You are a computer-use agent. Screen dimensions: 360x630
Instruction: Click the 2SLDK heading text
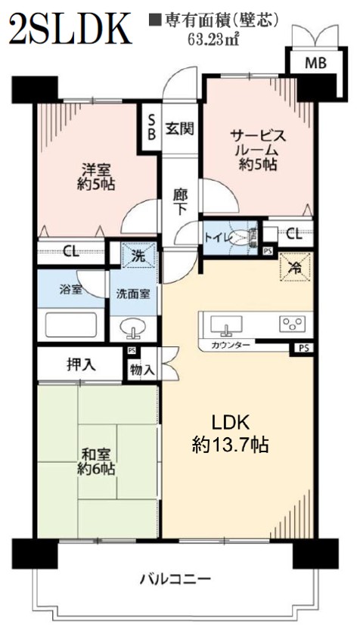coord(70,28)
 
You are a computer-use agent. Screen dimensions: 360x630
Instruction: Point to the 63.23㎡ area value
coord(213,39)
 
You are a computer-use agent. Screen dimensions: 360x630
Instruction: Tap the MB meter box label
coord(315,63)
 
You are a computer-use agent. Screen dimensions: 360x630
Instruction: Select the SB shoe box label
coord(151,127)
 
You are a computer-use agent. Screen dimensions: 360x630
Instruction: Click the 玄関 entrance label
coord(179,129)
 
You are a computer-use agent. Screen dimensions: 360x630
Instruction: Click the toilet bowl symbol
coord(243,237)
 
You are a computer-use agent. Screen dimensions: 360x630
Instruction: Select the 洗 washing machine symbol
coord(139,255)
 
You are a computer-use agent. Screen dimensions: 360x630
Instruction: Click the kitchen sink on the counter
coord(226,324)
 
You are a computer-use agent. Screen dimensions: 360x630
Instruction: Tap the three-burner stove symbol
coord(292,324)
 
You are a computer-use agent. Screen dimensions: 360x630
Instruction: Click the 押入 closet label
coord(81,365)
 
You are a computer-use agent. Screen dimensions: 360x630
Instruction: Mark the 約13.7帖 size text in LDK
coord(231,445)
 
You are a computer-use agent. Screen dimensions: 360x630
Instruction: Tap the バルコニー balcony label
coord(175,579)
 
